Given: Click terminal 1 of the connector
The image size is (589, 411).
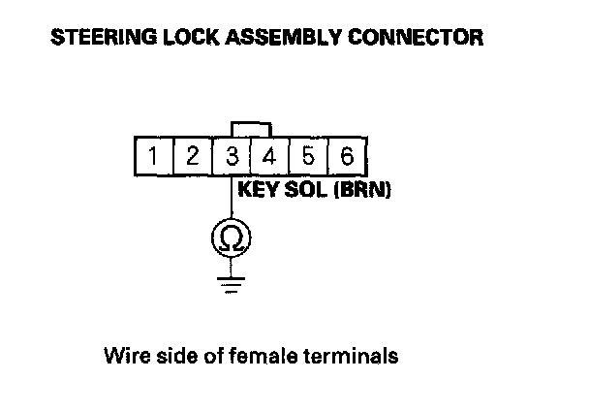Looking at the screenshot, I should pos(153,155).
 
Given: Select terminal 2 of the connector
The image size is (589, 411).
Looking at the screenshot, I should pos(193,155).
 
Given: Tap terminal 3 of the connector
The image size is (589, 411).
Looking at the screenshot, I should pos(232,155).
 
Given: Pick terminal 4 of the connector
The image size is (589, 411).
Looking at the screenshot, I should pos(269,155).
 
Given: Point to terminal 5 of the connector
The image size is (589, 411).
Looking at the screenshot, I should pos(308,155).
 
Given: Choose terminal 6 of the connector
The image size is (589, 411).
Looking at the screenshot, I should pos(346,155).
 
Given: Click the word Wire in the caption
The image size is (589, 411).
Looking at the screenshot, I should pos(123,356).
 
